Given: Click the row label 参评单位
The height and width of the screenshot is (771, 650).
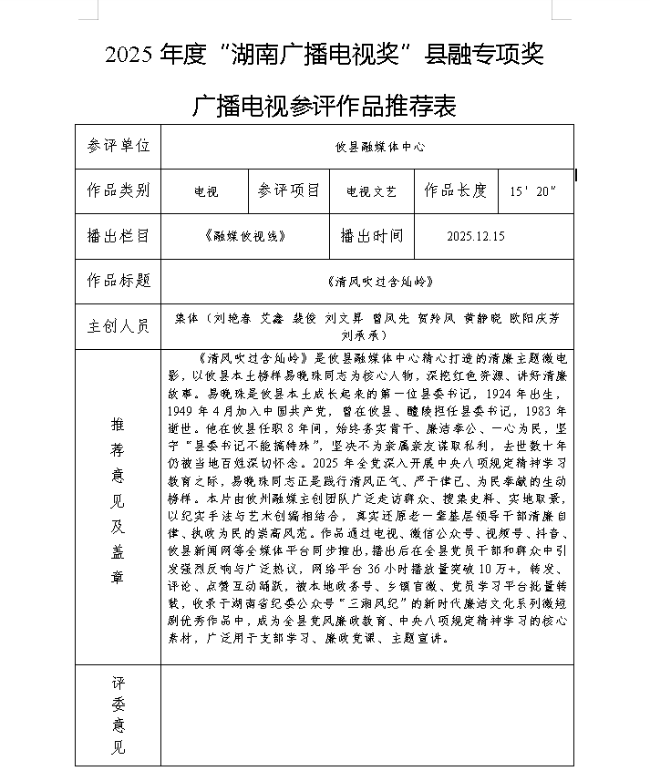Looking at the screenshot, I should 119,145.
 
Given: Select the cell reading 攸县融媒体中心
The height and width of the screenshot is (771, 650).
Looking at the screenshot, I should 379,146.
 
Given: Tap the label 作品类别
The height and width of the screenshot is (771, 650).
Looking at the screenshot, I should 119,190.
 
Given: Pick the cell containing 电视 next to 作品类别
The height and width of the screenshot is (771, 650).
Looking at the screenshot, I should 206,192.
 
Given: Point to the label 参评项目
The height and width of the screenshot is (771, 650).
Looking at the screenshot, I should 288,190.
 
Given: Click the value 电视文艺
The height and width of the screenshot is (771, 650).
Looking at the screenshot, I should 372,192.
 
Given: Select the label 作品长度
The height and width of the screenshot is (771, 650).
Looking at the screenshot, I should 456,190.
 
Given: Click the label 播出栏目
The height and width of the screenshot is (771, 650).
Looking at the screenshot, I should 119,236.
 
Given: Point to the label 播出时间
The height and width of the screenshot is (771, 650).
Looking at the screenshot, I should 371,236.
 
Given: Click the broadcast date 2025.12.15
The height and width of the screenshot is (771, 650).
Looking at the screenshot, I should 476,237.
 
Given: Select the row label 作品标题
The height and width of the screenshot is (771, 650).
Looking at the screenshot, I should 119,280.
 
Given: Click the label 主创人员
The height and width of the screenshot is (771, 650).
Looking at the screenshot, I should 119,324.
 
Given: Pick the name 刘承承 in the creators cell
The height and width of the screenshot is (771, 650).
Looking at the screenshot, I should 379,334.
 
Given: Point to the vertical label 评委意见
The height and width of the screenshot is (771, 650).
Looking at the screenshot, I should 118,715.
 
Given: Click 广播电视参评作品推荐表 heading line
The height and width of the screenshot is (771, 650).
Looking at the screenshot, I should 325,108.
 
